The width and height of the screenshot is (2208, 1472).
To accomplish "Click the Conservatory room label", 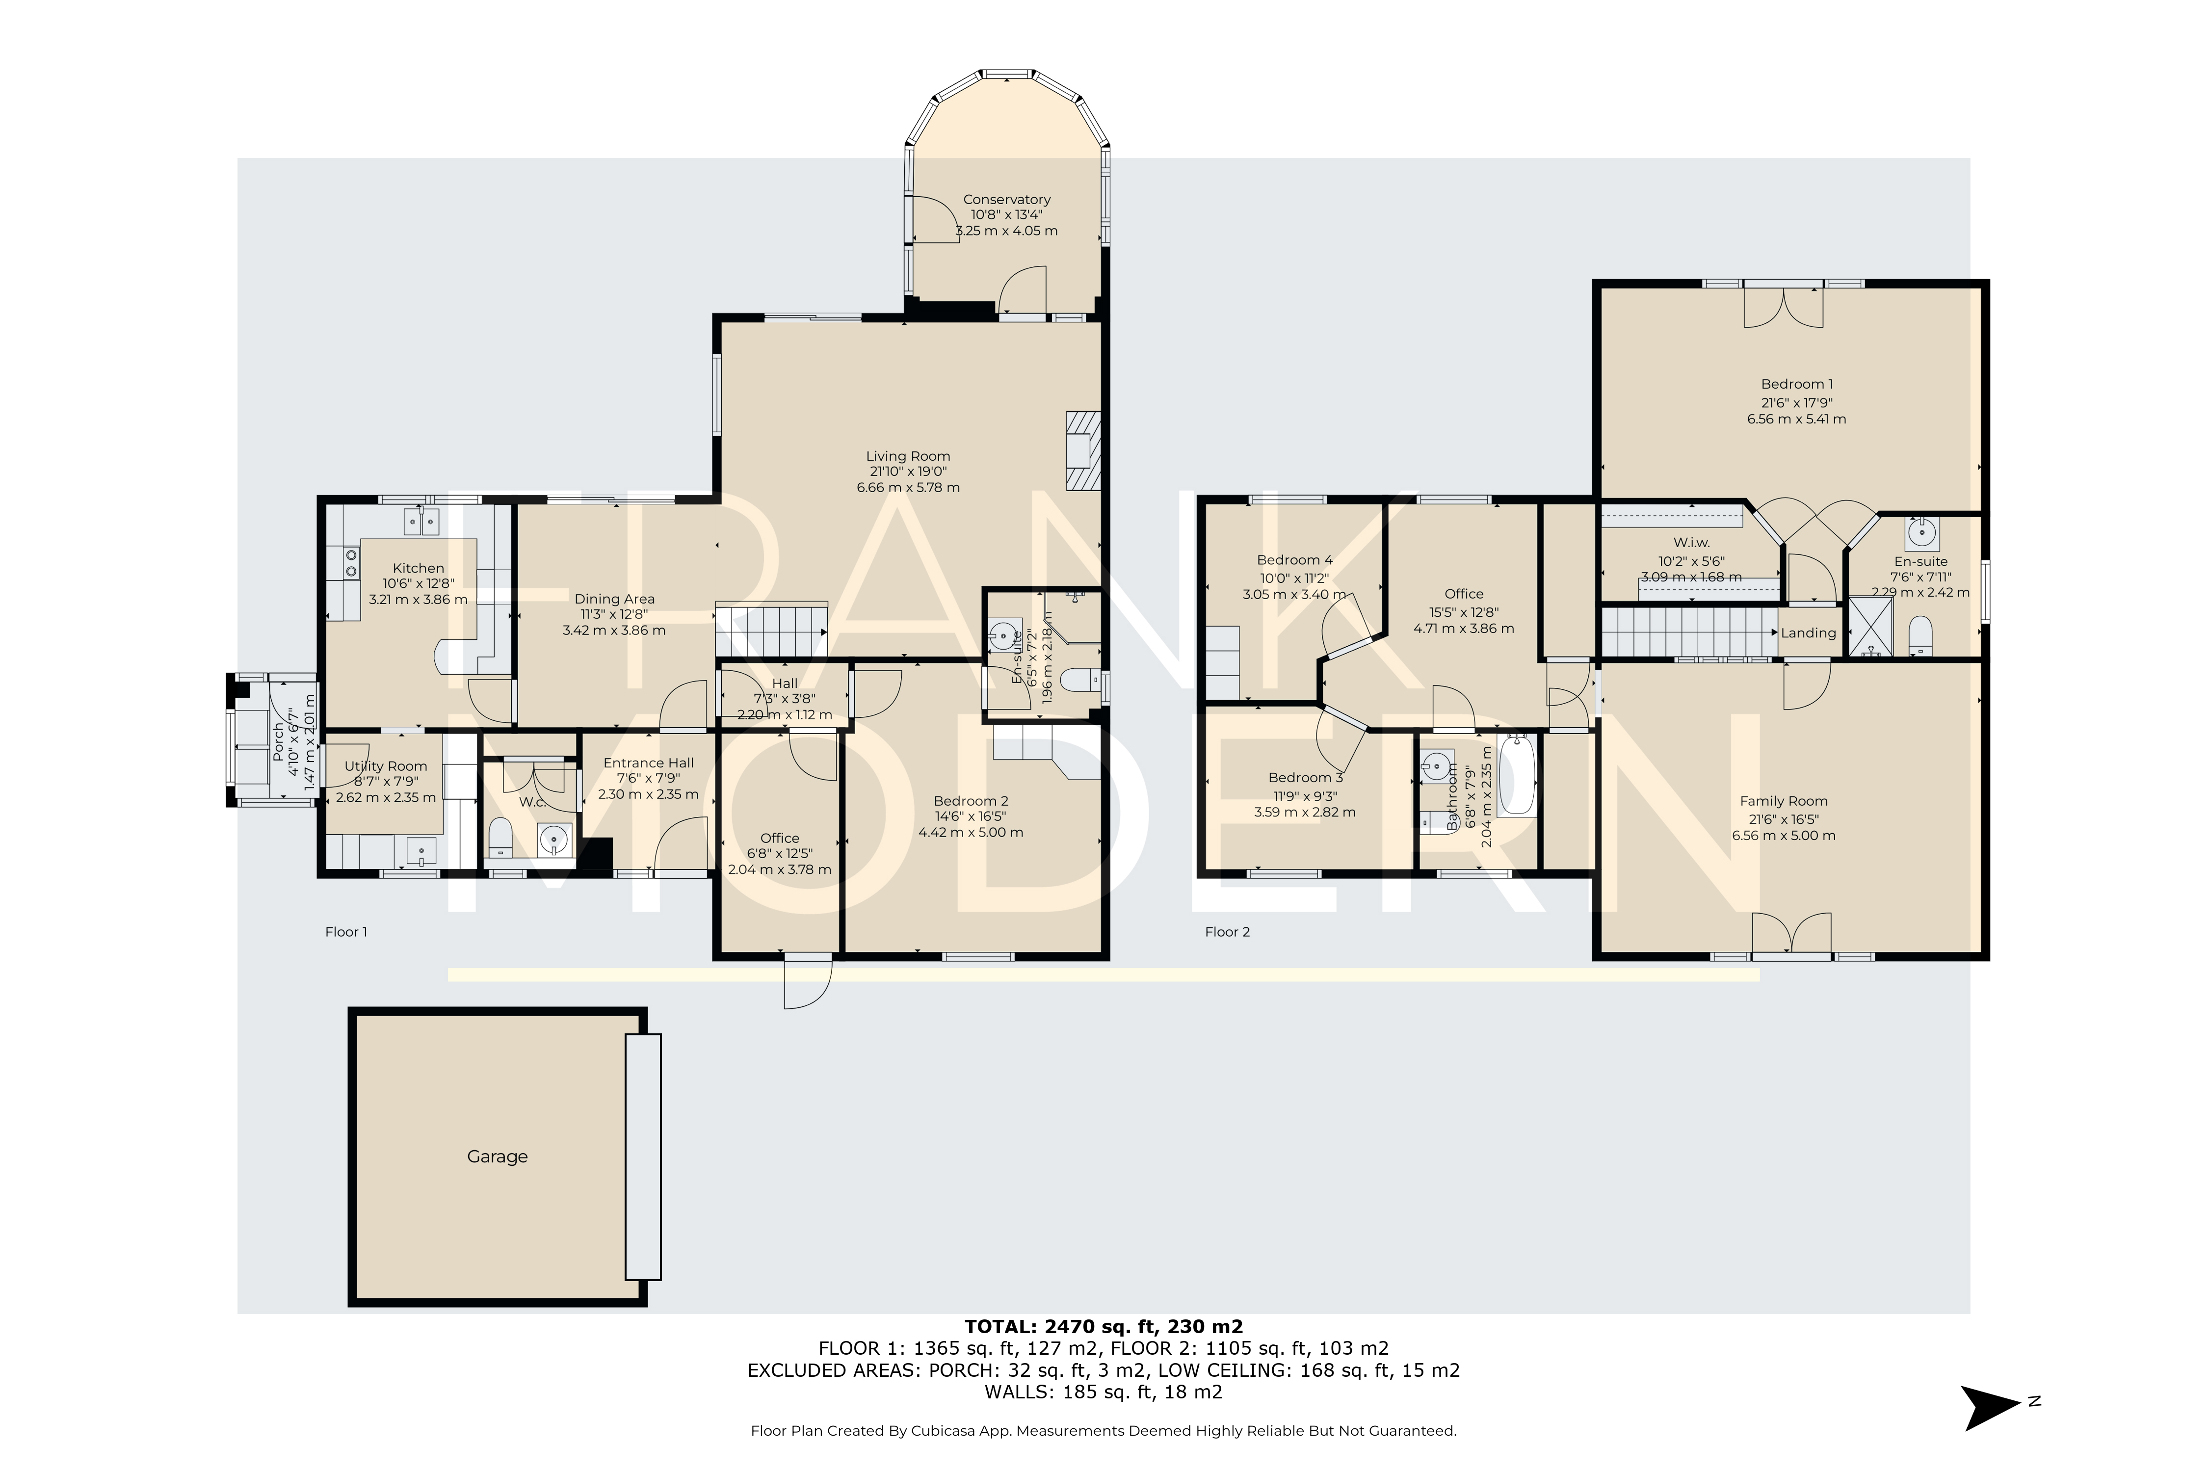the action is click(1006, 199).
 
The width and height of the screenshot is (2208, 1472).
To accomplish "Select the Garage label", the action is click(498, 1157).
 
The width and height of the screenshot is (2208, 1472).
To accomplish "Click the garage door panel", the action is click(643, 1157).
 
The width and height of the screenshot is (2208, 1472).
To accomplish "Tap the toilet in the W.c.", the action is click(501, 837).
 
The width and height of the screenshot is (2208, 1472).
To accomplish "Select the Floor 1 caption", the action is click(346, 932).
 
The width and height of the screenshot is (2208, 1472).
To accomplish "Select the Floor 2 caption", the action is click(1228, 932).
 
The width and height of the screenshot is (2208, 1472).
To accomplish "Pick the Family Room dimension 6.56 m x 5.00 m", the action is click(1784, 836).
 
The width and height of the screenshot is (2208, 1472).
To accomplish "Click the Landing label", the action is click(1808, 633).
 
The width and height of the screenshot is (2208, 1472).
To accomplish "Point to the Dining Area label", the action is click(615, 599).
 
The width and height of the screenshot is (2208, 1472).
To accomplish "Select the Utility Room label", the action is click(386, 766).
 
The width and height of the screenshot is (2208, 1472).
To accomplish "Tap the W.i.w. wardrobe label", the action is click(1692, 543).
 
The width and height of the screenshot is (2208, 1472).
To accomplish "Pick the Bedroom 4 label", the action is click(1294, 560).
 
